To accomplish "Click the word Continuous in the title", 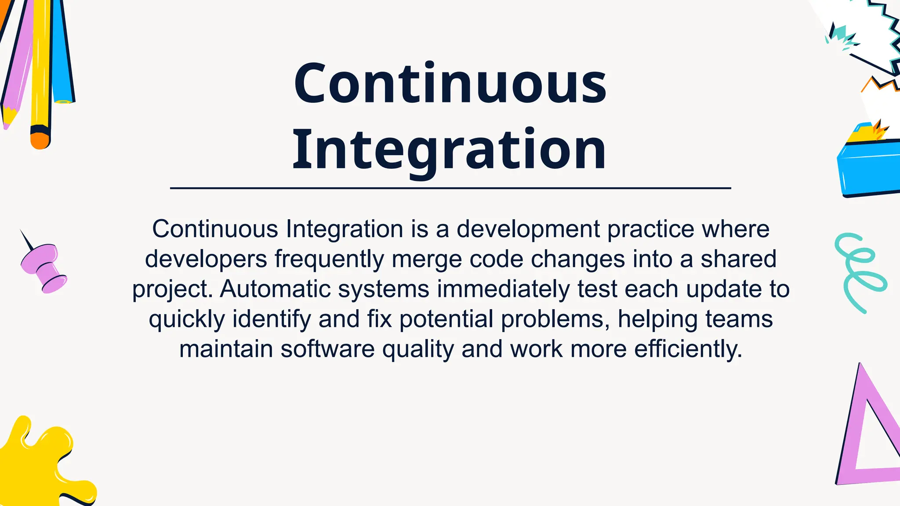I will coord(450,83).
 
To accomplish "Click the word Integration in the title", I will coord(449,149).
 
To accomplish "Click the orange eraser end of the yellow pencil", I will coord(40,141).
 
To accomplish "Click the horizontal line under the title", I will coord(450,188).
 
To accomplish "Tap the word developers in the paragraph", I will coord(206,259).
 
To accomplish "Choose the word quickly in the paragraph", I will coord(187,319).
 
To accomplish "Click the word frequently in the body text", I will coord(329,259).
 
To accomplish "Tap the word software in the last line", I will coord(327,349).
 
